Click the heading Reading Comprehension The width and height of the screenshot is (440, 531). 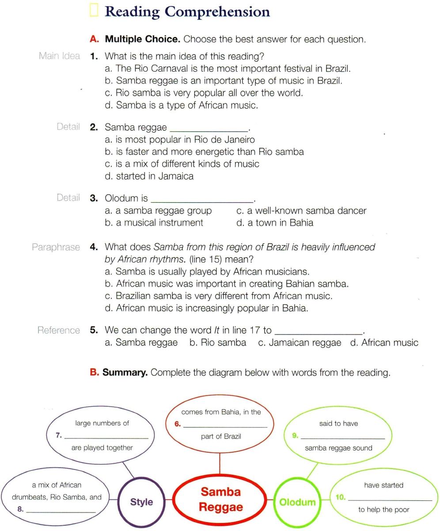point(187,12)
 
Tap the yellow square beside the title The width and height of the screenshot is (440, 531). point(93,10)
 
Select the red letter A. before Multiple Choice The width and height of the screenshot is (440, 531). point(94,39)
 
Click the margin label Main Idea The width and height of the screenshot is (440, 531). point(59,56)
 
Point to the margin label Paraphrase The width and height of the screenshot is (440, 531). point(56,247)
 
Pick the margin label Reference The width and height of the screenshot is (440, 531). point(58,330)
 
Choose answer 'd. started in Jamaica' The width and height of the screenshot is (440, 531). point(149,176)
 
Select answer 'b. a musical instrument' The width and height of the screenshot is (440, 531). point(154,223)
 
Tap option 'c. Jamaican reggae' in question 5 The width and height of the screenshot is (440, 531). point(300,342)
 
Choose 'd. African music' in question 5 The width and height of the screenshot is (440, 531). point(384,342)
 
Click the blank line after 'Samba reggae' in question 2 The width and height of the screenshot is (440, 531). point(209,131)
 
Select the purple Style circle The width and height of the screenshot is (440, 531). point(141,502)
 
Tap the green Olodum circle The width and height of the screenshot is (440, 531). point(297,502)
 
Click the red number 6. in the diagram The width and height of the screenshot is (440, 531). point(177,424)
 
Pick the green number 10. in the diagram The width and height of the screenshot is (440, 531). point(340,497)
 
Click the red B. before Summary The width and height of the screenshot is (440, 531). point(94,373)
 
